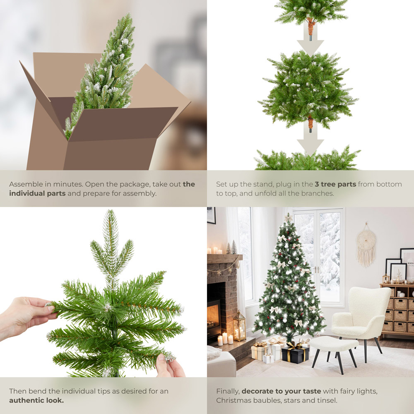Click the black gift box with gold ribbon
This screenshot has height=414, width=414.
click(295, 354)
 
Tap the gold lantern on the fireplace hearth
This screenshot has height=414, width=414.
click(239, 327)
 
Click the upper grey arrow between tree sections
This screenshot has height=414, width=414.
click(310, 39)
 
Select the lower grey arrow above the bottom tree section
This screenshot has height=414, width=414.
click(310, 141)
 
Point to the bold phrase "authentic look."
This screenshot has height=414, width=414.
click(36, 400)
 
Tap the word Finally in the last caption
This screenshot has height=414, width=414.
click(228, 391)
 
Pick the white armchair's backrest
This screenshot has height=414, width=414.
click(368, 302)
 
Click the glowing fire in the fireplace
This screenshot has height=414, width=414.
click(214, 317)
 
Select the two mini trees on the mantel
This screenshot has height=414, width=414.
click(231, 248)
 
